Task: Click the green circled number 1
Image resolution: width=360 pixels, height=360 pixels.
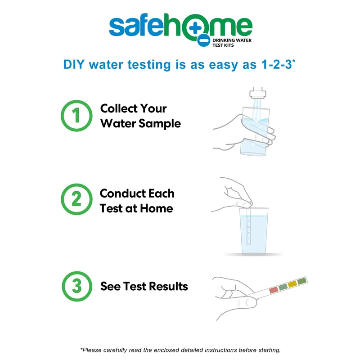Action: pyautogui.click(x=76, y=116)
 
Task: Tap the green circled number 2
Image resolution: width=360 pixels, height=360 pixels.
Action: pyautogui.click(x=76, y=199)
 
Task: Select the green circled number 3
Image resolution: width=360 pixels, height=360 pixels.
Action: pyautogui.click(x=77, y=286)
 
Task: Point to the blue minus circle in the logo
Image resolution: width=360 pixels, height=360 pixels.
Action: pyautogui.click(x=203, y=40)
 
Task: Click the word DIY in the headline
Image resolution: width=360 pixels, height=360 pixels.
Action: pyautogui.click(x=74, y=64)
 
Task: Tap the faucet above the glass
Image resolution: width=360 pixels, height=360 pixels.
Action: pyautogui.click(x=258, y=93)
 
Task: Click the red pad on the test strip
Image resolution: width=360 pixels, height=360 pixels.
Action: pyautogui.click(x=274, y=290)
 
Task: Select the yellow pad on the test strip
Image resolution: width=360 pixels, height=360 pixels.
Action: pyautogui.click(x=292, y=284)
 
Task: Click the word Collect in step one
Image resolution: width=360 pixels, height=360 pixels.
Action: pyautogui.click(x=119, y=108)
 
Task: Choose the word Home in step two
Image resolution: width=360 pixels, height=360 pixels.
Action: pyautogui.click(x=156, y=208)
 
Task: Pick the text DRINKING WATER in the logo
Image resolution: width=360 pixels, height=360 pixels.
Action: pyautogui.click(x=232, y=40)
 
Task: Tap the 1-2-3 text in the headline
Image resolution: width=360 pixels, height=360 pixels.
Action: pyautogui.click(x=276, y=64)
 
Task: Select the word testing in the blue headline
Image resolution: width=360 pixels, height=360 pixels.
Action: pyautogui.click(x=149, y=65)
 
